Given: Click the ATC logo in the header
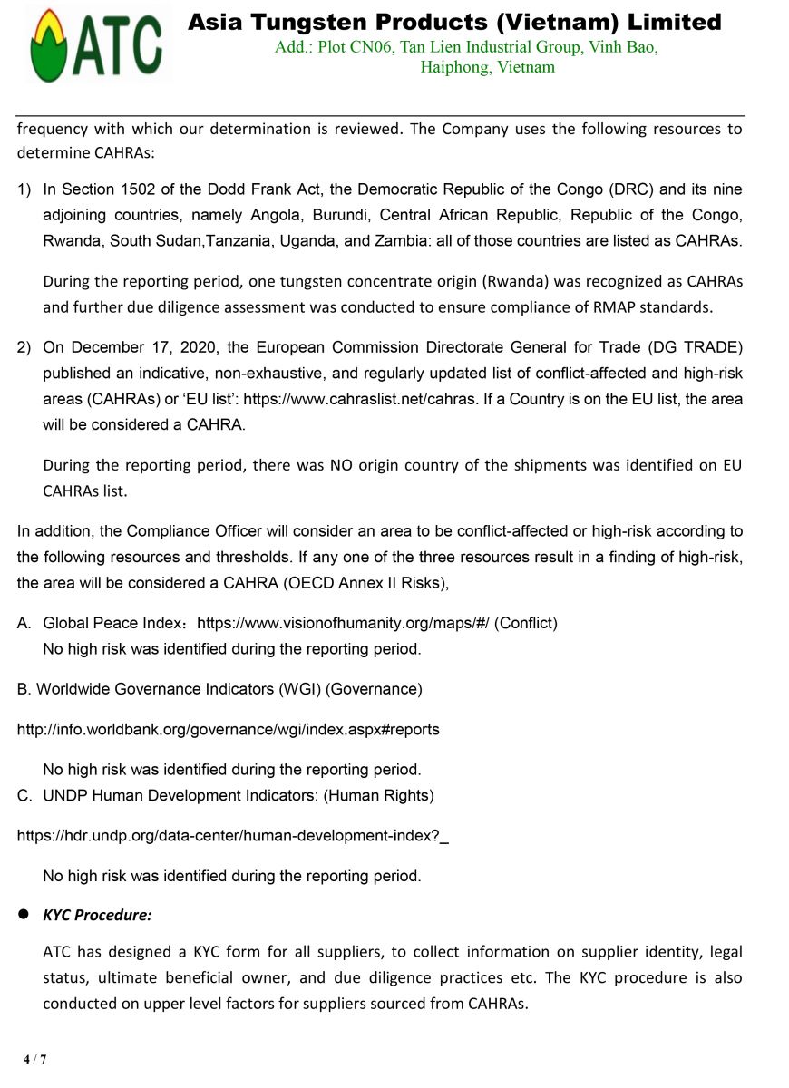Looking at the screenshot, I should (97, 44).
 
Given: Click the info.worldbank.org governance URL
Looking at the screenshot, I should (229, 729).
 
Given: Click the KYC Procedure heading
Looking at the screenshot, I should (97, 915).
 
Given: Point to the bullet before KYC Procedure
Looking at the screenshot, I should (25, 915).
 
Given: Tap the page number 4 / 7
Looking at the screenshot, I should (35, 1059).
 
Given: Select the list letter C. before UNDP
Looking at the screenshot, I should (25, 796).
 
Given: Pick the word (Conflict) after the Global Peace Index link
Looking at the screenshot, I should (526, 623).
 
